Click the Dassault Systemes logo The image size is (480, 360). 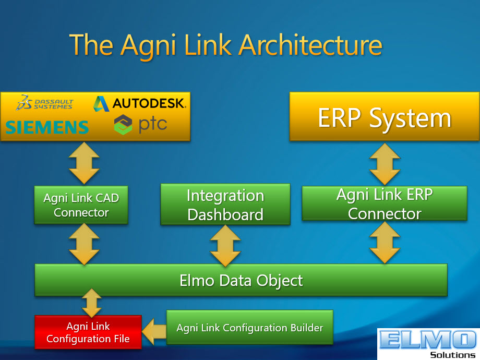tap(45, 103)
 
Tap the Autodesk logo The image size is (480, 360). tap(140, 103)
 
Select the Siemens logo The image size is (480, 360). tap(47, 127)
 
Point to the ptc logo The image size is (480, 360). tap(140, 124)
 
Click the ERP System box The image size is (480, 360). tap(385, 116)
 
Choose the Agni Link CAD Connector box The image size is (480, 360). tap(81, 205)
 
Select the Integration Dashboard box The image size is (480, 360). tap(225, 205)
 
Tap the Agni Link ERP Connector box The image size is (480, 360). tap(385, 203)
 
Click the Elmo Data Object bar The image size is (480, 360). tap(241, 280)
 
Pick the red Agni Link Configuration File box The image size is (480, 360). tap(88, 332)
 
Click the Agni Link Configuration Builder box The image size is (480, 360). tap(250, 328)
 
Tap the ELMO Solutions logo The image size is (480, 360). tap(428, 344)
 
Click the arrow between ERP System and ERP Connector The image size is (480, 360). tap(385, 164)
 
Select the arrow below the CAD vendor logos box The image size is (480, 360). tap(84, 163)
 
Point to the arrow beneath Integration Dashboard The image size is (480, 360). tap(225, 246)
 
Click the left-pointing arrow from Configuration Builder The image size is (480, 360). tap(154, 332)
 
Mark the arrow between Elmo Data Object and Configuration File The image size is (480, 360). tap(91, 303)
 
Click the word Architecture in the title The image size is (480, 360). tap(310, 45)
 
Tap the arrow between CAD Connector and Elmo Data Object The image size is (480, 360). tap(84, 244)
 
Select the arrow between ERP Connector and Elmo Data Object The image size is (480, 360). tap(385, 243)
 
